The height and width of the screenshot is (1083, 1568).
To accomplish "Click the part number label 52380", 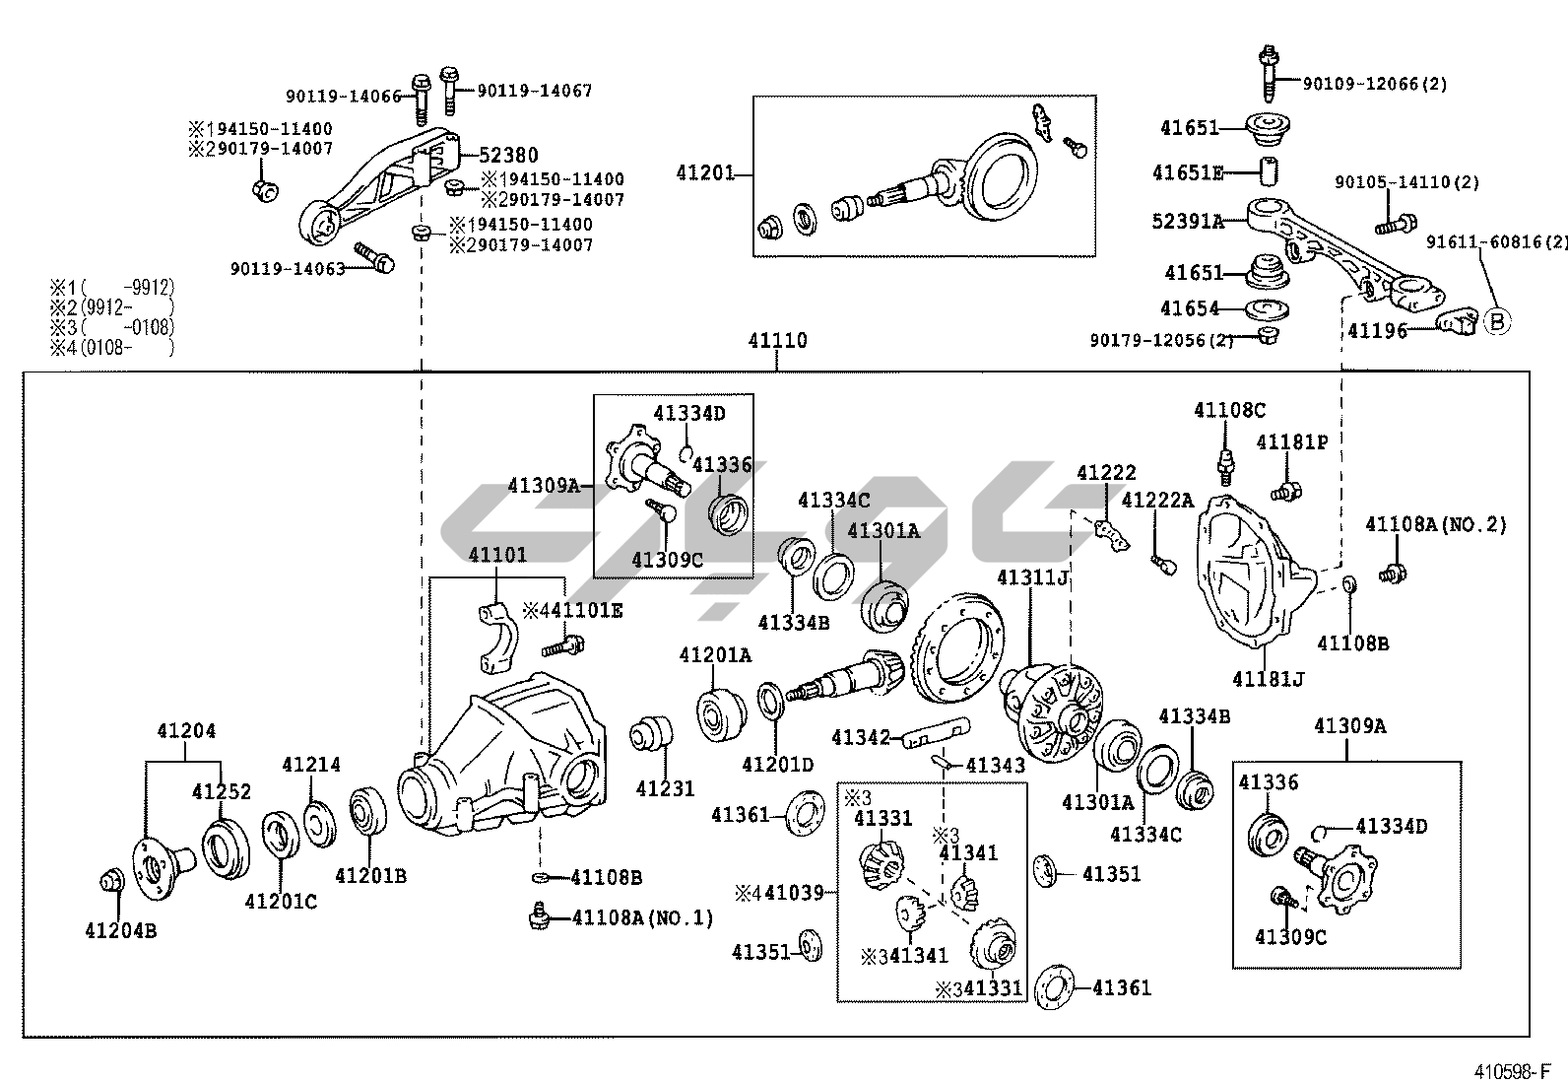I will [508, 155].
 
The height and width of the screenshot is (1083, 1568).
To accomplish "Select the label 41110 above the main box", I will [776, 341].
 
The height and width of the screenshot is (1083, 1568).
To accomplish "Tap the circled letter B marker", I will [1496, 321].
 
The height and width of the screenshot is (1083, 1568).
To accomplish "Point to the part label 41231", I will [665, 788].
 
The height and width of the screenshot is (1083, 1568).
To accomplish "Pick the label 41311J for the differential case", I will [1032, 577].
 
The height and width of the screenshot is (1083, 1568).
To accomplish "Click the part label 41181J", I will [1269, 679].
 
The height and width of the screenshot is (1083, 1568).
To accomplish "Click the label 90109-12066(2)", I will [1375, 84].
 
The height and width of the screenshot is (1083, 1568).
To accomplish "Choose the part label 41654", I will [1189, 308].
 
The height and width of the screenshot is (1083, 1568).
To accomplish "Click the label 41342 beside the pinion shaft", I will [860, 737].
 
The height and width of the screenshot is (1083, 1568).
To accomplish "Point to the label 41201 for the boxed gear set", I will [705, 173].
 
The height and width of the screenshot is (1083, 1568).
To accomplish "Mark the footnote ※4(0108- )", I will [111, 347].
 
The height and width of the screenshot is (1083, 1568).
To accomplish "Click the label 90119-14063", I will [288, 267].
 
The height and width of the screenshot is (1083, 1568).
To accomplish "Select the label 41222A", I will [1157, 501].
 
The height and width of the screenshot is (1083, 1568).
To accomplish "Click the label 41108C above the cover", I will [1229, 410].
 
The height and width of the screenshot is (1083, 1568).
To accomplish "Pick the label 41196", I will [1378, 331].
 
